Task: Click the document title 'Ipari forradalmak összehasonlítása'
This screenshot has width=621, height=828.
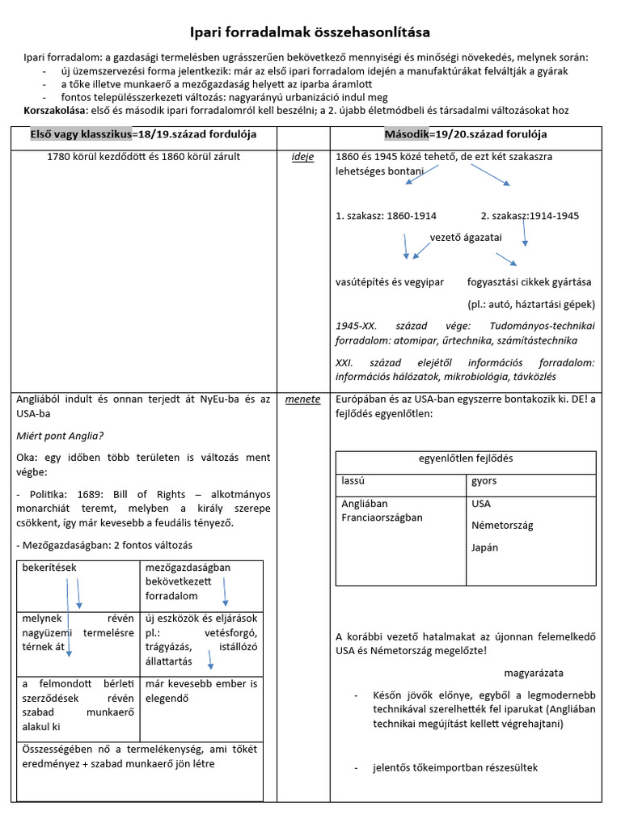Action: click(x=310, y=32)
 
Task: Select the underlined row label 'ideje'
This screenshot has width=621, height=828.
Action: click(x=302, y=157)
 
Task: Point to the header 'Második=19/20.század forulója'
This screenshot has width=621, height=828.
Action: click(x=465, y=133)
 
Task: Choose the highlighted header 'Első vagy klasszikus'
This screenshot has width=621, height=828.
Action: click(x=80, y=133)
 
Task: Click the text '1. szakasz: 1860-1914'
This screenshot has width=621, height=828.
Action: click(x=386, y=216)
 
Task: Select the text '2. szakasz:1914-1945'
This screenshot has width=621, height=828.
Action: click(x=530, y=216)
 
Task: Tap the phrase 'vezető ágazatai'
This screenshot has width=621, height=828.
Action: click(x=466, y=237)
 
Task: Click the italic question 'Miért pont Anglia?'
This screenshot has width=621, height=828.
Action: click(x=60, y=436)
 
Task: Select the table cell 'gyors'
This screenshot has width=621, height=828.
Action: click(x=484, y=481)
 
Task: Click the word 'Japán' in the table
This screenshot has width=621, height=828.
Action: click(x=485, y=547)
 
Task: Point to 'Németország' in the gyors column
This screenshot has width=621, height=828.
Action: click(x=502, y=526)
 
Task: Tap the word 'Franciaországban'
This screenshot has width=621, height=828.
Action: click(x=382, y=517)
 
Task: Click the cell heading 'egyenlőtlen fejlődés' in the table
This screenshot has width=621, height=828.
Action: click(x=465, y=458)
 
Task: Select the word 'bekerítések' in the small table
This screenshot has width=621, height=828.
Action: click(x=49, y=568)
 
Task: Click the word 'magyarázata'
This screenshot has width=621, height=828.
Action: click(x=534, y=673)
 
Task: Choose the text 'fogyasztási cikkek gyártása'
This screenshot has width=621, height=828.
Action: click(x=529, y=282)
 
